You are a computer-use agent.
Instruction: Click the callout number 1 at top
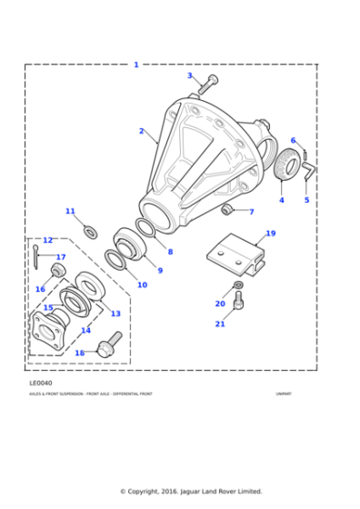point(136,65)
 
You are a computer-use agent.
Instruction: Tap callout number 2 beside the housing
point(141,131)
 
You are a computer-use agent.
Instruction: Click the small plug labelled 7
point(228,210)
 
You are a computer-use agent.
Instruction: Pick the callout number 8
point(169,252)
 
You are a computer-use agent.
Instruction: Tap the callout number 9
point(160,270)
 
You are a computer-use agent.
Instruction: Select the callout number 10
point(142,284)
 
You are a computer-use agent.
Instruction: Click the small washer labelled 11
point(91,233)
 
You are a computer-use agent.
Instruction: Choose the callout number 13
point(115,314)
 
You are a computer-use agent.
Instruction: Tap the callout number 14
point(85,330)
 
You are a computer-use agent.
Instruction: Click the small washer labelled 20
point(238,285)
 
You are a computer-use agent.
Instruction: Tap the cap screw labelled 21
point(238,301)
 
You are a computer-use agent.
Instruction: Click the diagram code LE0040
point(40,383)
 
